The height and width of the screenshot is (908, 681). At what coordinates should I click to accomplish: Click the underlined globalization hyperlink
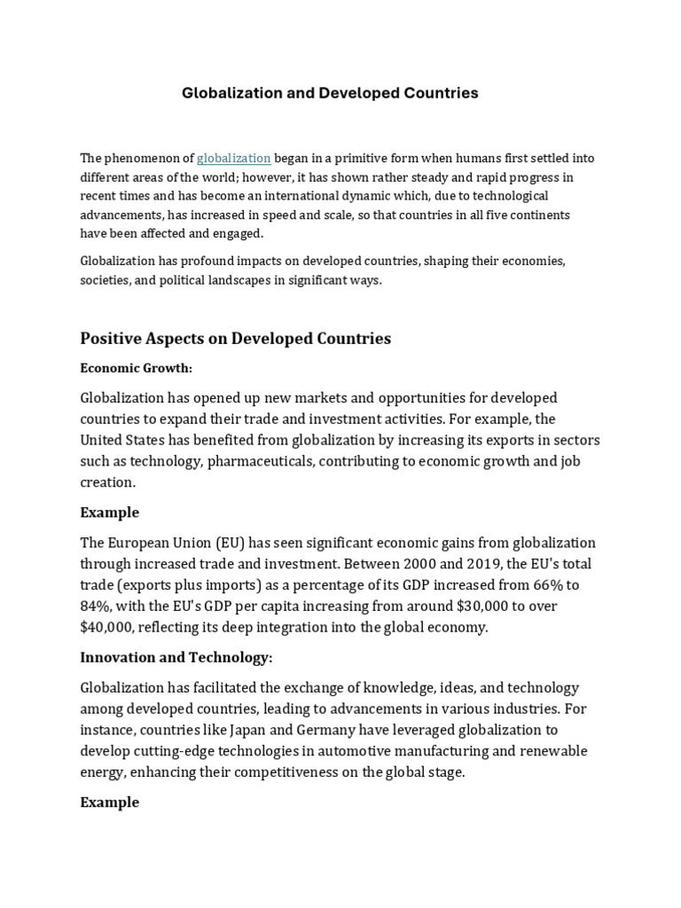234,158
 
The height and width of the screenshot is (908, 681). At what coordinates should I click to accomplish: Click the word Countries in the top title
438,93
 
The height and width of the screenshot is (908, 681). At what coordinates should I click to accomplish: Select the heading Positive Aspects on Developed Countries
235,339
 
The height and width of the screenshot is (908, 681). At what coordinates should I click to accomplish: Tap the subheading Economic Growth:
136,368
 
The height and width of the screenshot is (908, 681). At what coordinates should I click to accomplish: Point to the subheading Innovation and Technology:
176,657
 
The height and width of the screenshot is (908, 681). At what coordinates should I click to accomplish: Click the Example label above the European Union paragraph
109,513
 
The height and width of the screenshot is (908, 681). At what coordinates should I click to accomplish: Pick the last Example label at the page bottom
109,802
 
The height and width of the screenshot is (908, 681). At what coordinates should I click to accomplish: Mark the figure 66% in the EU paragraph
529,585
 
